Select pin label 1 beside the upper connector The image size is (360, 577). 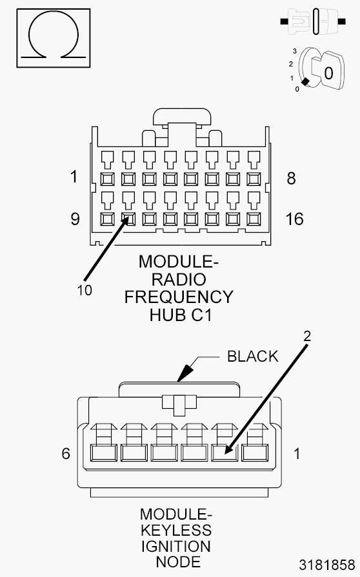(x=74, y=178)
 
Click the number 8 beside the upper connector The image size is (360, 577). (x=291, y=178)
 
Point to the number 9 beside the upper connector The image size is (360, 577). (x=75, y=219)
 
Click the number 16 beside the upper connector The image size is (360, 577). (x=294, y=219)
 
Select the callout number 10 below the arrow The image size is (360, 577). (x=84, y=290)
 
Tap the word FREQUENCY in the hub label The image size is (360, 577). (x=179, y=297)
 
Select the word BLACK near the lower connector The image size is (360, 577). (x=252, y=357)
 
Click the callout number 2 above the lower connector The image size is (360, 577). (x=307, y=335)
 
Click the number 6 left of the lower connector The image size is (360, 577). (x=65, y=453)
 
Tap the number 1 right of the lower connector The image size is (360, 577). (x=297, y=453)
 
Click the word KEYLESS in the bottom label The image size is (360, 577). (x=176, y=530)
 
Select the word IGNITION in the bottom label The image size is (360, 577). (x=176, y=546)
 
